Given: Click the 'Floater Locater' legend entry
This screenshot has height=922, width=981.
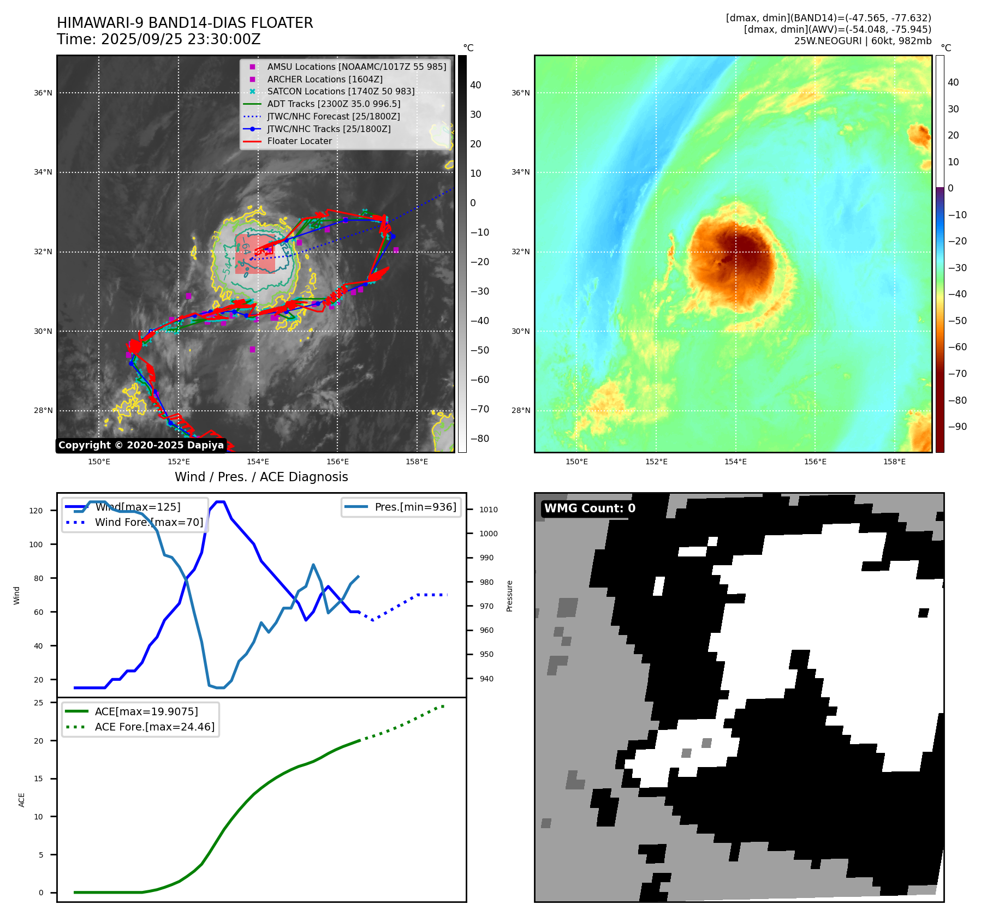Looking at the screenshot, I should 299,141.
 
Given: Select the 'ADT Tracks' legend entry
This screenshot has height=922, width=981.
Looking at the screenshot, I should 334,104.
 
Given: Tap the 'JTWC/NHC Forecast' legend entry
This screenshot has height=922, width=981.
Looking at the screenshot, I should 333,116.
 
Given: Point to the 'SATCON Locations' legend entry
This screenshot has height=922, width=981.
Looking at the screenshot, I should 341,91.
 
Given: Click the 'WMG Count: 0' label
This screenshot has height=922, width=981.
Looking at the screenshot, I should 590,508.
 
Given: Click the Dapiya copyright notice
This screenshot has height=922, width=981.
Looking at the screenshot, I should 141,445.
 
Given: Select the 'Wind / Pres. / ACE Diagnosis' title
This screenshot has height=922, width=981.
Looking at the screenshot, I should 261,477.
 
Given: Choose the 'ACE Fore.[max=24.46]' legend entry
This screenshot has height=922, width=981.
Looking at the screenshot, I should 154,727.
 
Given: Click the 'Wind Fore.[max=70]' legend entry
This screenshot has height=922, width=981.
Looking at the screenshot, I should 148,522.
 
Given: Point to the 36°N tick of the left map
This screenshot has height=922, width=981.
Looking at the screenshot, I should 43,93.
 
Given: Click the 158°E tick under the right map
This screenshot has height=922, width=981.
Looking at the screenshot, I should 894,462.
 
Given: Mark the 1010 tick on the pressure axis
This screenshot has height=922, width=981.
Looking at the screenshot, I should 489,510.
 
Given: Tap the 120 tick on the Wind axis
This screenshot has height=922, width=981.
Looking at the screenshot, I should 36,511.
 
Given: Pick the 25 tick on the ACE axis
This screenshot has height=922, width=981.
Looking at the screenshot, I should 38,703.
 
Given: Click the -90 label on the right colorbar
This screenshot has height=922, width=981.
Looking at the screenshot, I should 957,427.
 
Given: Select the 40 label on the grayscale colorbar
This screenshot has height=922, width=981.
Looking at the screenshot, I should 475,85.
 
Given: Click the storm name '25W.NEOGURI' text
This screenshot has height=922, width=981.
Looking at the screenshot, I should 828,41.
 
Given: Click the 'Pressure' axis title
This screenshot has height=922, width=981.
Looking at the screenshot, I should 509,596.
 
